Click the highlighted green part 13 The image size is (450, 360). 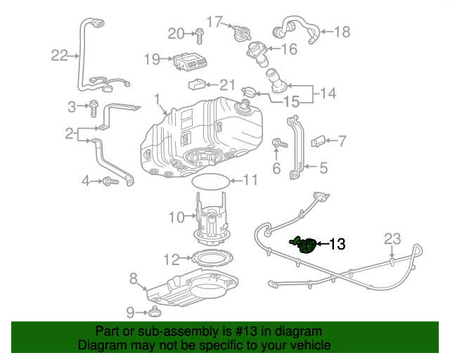[x=304, y=245]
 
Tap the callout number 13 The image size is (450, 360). [x=337, y=245]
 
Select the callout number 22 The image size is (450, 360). [x=60, y=55]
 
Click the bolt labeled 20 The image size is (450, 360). [x=200, y=32]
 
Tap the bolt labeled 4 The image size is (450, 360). [x=108, y=181]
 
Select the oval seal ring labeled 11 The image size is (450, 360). [x=211, y=180]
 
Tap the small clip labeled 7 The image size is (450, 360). [x=319, y=141]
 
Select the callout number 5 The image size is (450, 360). [x=324, y=168]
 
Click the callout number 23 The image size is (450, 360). [x=392, y=239]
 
